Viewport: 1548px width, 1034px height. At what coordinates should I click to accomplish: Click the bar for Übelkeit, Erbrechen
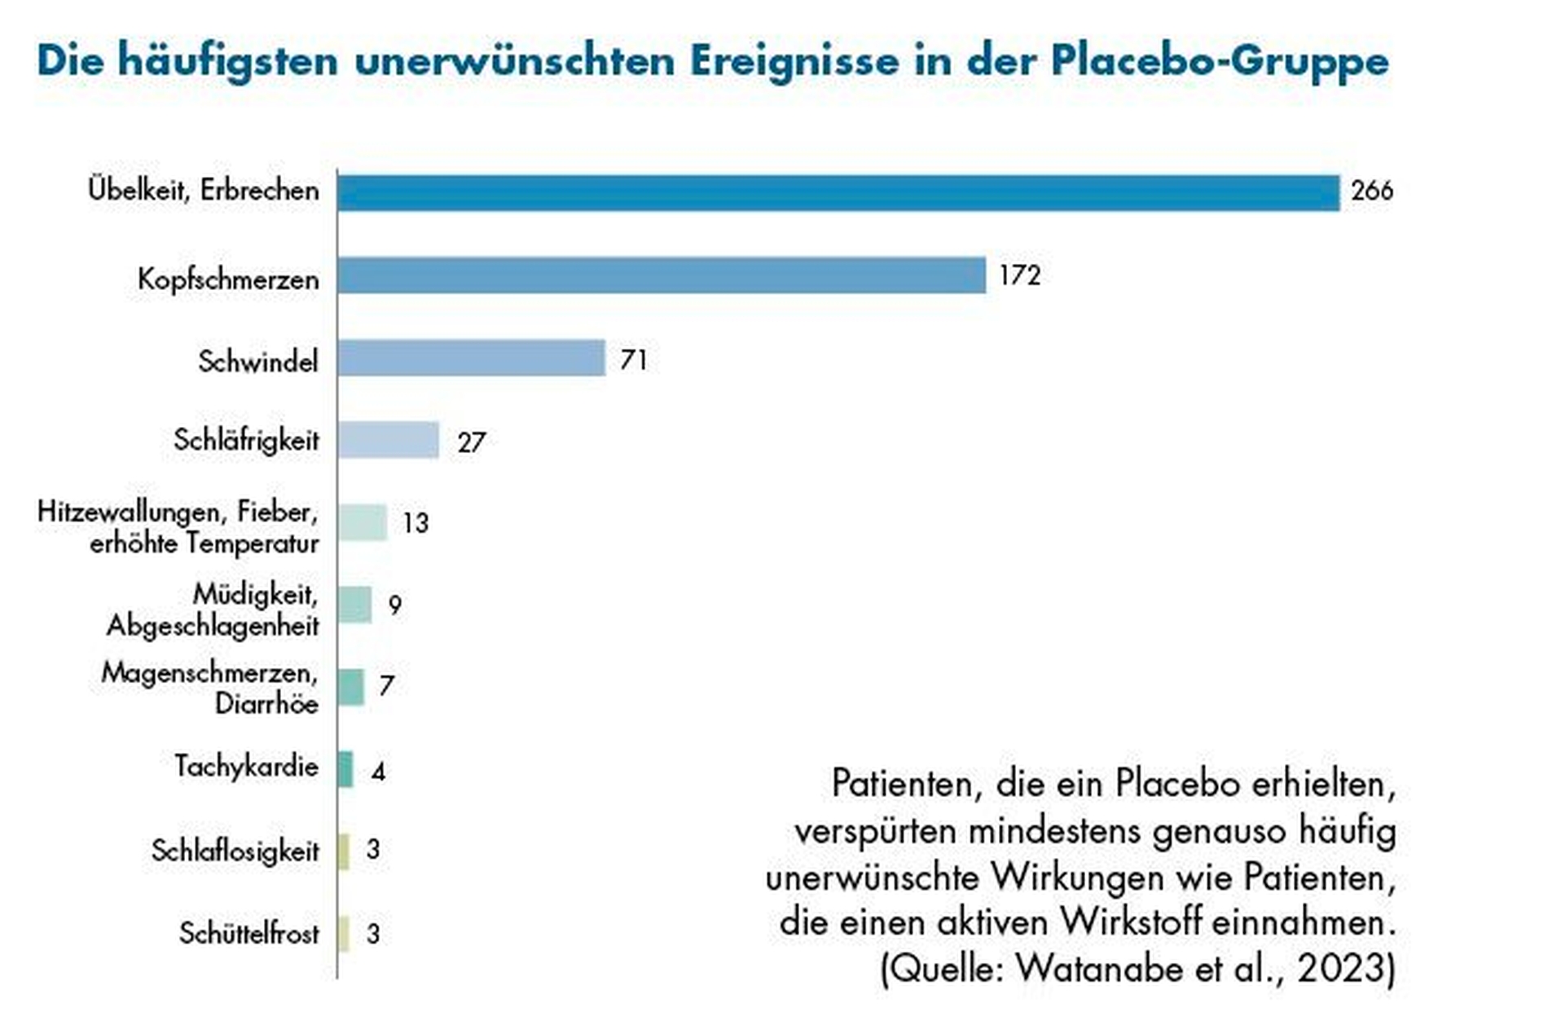click(838, 193)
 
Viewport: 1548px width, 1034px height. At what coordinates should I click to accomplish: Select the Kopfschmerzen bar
click(661, 275)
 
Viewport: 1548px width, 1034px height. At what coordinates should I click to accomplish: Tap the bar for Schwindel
click(471, 359)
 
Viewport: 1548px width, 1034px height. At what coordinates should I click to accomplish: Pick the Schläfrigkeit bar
click(388, 441)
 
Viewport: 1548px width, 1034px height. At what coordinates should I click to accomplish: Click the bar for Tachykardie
click(345, 769)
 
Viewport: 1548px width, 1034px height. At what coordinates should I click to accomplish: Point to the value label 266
click(1372, 191)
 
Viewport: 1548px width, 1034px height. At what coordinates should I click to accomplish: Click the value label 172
click(1019, 276)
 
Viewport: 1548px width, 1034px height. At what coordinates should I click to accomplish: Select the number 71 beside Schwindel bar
click(633, 359)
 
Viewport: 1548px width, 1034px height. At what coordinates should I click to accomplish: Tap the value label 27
click(471, 442)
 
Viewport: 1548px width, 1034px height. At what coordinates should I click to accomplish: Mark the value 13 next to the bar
click(415, 523)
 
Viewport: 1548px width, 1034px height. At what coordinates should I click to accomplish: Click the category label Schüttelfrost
click(249, 934)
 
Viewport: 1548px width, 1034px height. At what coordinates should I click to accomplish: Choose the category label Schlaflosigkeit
click(235, 851)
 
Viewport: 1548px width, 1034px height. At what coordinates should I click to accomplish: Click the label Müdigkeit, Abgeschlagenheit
click(213, 610)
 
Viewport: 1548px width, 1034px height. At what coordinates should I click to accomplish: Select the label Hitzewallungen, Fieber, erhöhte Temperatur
click(178, 527)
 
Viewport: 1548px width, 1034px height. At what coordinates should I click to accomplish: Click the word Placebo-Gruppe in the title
click(1219, 61)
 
